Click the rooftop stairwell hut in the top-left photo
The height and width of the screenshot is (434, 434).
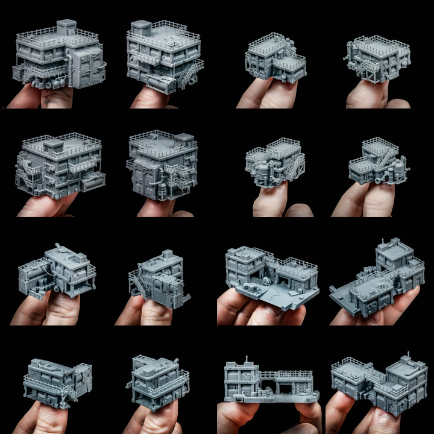[66, 27]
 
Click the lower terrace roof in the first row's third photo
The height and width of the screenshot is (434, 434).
[288, 63]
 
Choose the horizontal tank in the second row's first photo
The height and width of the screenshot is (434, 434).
[93, 181]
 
